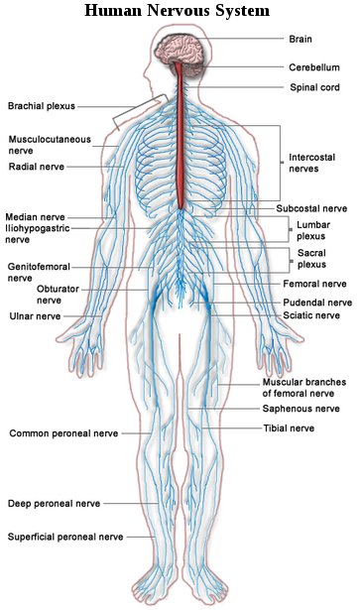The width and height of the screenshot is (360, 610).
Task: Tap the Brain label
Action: [x=300, y=40]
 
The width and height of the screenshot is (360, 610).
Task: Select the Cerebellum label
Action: [x=313, y=68]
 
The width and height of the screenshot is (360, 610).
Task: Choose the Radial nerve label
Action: [x=36, y=167]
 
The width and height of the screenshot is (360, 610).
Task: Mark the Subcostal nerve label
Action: [x=311, y=209]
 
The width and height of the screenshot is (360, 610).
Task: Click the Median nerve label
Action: [x=35, y=216]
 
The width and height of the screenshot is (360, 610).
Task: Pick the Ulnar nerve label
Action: [x=34, y=316]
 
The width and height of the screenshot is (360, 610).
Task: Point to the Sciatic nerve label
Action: [x=311, y=315]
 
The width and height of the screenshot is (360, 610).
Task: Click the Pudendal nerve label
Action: [x=317, y=302]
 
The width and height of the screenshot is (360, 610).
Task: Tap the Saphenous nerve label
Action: [x=300, y=408]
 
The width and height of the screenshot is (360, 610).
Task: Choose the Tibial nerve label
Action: [x=289, y=427]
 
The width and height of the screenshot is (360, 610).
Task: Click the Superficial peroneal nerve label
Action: [x=64, y=537]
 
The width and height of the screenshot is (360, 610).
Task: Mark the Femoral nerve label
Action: [x=313, y=284]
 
